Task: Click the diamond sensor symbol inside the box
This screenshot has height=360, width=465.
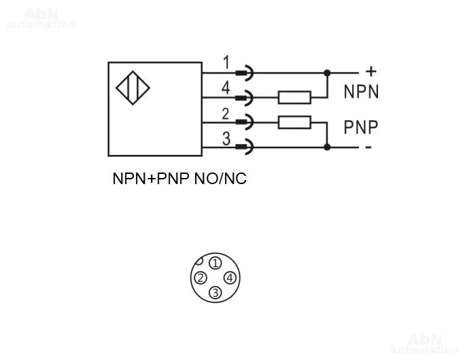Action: click(134, 88)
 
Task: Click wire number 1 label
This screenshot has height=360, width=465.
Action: click(226, 62)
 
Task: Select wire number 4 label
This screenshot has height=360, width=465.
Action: click(226, 88)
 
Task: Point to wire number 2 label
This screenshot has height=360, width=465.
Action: click(226, 113)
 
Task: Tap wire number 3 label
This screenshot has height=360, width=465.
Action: click(226, 139)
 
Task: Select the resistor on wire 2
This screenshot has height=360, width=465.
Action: click(294, 122)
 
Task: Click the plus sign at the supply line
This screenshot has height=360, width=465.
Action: click(371, 70)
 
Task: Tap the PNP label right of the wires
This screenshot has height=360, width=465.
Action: click(360, 126)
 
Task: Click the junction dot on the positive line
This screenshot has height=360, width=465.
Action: click(328, 72)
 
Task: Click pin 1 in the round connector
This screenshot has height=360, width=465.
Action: click(215, 263)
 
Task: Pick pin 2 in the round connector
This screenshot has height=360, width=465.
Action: click(201, 278)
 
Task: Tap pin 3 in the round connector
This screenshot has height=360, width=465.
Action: click(215, 293)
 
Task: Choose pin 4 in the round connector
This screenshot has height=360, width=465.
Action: click(230, 278)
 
